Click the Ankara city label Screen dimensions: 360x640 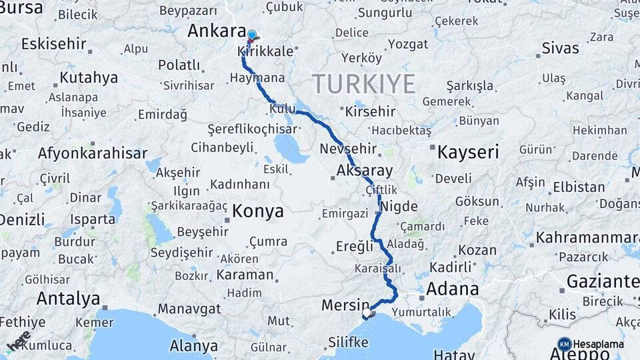pos(217,31)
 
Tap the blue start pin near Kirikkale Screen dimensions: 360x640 pos(251,35)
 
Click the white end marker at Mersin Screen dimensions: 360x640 pos(367,312)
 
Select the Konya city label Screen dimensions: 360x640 pos(258,212)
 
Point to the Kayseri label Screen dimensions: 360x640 pos(468,152)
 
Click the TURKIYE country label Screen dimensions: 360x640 pos(363,84)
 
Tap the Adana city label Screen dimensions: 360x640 pos(452,289)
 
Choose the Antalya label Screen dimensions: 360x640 pos(68,298)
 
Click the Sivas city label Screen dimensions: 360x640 pos(560,48)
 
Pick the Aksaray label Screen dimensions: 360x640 pos(365,170)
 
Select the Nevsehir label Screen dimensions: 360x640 pos(348,149)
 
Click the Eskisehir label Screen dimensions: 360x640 pos(53,44)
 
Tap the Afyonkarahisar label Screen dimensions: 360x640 pos(93,153)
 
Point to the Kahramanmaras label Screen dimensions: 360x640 pos(587,237)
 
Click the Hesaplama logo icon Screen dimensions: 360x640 pos(565,344)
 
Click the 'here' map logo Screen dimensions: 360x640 pos(19,339)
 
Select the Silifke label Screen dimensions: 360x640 pos(348,342)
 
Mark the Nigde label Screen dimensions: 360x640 pos(399,206)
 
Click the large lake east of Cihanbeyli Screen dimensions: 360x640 pos(289,148)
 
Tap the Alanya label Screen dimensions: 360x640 pos(193,345)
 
